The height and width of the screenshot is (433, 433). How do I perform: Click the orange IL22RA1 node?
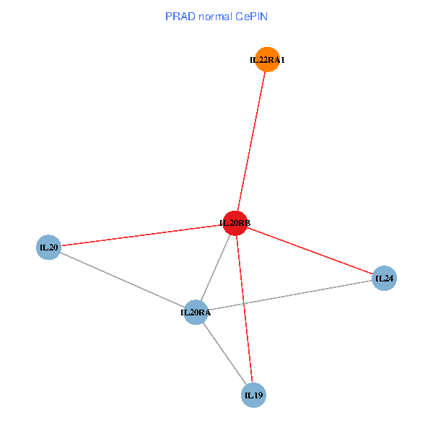(x=268, y=59)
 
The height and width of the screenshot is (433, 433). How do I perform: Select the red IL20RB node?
(x=235, y=223)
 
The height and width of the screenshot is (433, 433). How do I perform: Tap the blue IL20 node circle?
(x=48, y=248)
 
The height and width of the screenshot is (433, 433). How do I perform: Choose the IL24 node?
(x=384, y=278)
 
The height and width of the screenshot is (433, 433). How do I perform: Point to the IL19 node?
(x=253, y=395)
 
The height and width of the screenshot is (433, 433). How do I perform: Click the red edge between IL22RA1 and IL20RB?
(x=252, y=141)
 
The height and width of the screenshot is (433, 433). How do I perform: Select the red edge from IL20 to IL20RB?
(x=141, y=235)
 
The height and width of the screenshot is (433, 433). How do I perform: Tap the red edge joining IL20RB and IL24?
(x=310, y=250)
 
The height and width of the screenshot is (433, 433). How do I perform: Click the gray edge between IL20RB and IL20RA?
(x=216, y=267)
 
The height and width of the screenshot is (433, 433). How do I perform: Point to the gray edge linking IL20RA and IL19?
(x=224, y=354)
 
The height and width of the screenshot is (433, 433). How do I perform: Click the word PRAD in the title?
(x=179, y=16)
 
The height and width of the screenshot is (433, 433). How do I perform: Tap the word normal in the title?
(x=214, y=16)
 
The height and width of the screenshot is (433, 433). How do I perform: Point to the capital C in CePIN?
(x=239, y=16)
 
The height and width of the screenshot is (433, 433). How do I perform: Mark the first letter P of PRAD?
(x=169, y=16)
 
